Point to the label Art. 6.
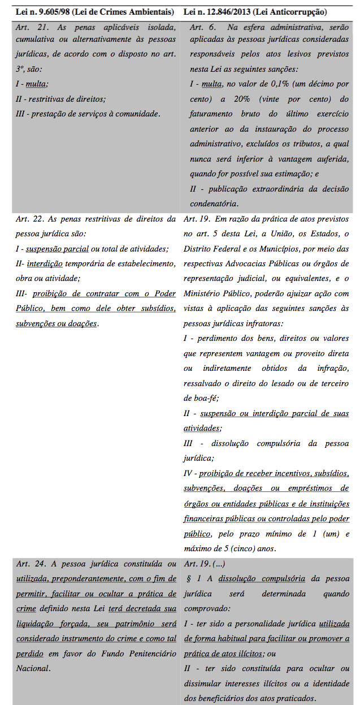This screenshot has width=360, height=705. tap(201, 28)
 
